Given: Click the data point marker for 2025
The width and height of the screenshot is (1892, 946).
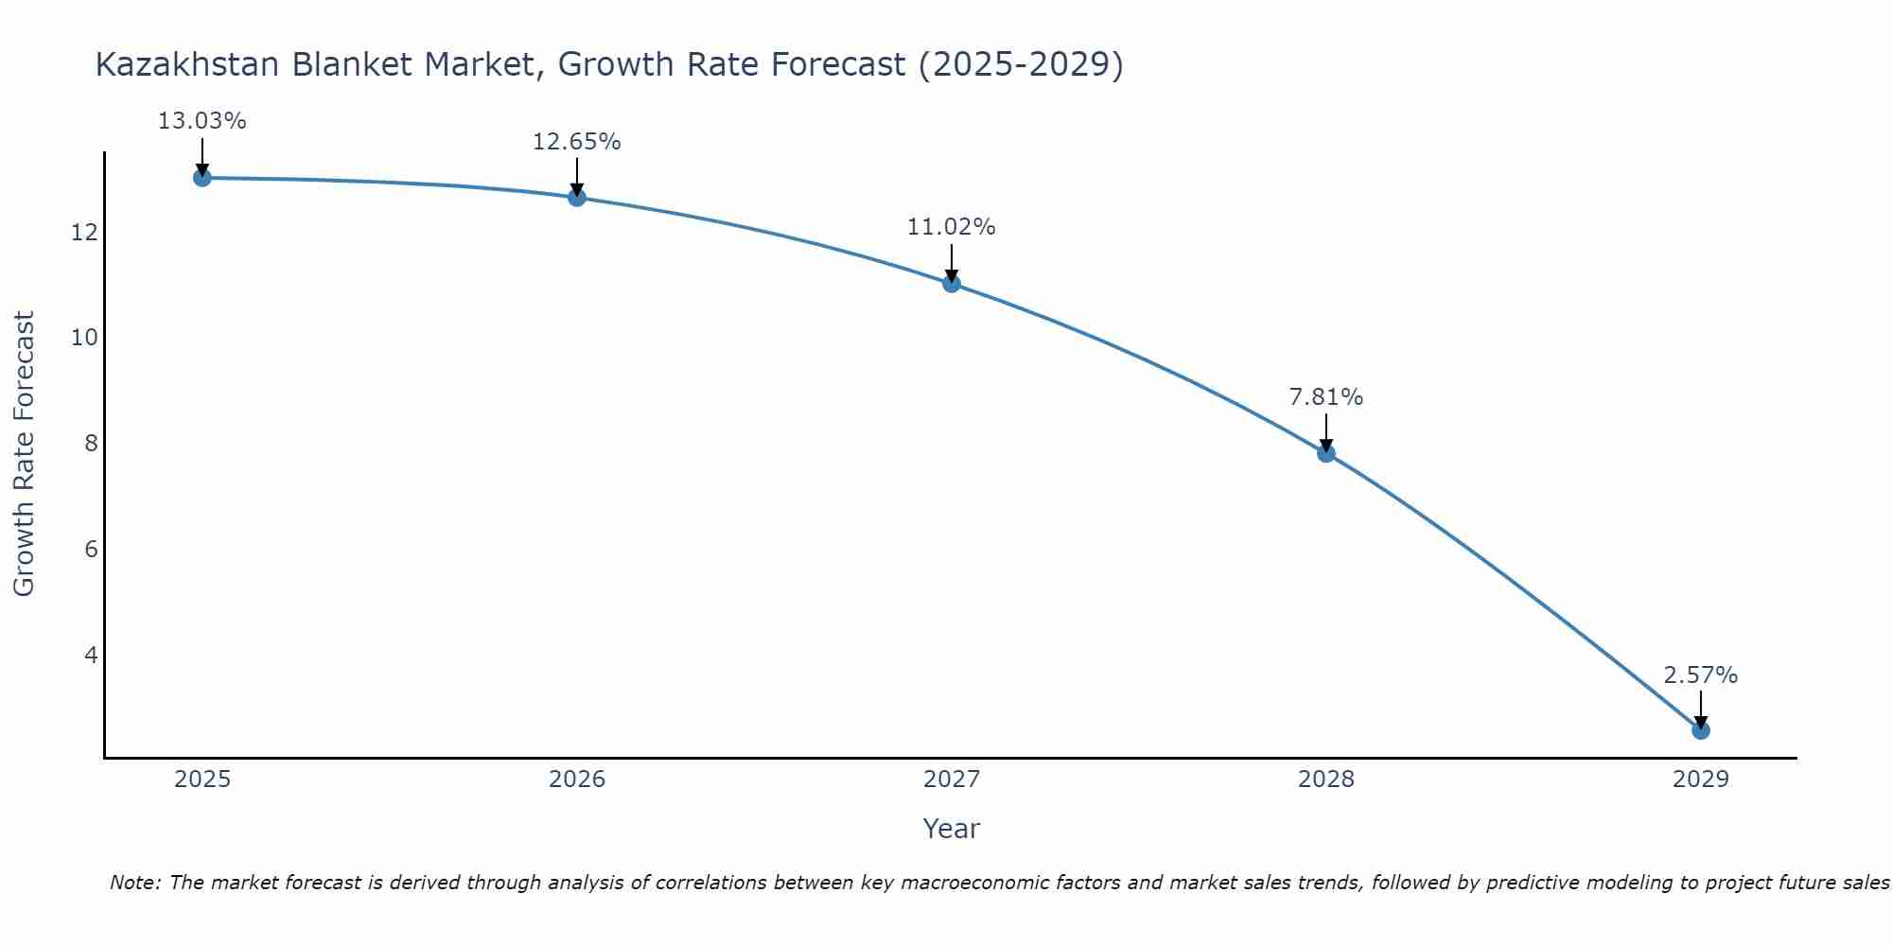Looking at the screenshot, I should click(202, 178).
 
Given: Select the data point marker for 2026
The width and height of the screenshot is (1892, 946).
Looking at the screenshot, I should click(577, 198).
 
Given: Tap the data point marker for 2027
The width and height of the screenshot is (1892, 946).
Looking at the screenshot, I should click(952, 284).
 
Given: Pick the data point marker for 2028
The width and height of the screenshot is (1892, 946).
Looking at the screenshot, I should click(1326, 453).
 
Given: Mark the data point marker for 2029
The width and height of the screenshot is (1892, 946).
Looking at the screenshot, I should click(1701, 730).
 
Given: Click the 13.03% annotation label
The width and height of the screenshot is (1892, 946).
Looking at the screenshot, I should click(201, 121).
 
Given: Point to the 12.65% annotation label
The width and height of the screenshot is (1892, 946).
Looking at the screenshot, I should click(576, 142).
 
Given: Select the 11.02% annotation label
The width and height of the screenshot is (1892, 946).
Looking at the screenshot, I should click(951, 227).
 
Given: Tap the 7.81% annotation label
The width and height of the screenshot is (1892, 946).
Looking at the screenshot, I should click(1325, 397).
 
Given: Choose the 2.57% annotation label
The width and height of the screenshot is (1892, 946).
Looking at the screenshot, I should click(1700, 675).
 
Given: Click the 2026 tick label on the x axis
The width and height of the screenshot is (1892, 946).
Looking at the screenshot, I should click(577, 780).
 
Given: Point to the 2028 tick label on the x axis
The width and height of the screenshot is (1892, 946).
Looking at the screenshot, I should click(1326, 780).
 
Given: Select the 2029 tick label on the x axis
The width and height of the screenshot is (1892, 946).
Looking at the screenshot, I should click(1701, 780).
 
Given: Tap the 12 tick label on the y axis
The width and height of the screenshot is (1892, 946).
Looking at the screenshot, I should click(84, 232).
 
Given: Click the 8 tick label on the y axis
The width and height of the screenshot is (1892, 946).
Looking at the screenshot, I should click(91, 443).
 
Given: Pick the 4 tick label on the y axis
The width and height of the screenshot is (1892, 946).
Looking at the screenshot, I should click(91, 655).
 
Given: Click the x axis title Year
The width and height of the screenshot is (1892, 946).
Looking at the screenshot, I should click(951, 829).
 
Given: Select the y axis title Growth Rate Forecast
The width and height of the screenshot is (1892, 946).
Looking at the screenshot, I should click(25, 454).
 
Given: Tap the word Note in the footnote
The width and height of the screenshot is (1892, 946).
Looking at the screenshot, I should click(135, 883).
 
